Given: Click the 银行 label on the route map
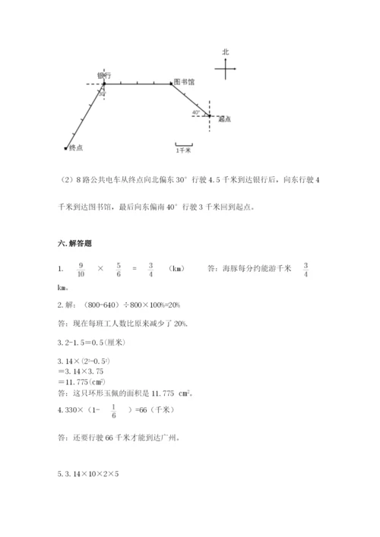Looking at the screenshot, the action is (105, 75).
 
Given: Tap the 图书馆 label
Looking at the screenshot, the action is (183, 81).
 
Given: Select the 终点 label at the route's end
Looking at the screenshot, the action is (75, 147).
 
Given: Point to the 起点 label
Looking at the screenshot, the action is (224, 119).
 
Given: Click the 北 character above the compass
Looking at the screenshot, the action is (226, 52).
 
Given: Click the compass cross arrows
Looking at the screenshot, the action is (226, 69).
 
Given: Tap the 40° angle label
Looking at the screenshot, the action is (196, 112).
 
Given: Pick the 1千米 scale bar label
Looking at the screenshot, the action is (183, 150).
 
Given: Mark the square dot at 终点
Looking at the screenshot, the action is (66, 147).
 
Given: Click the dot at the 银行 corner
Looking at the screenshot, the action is (103, 84).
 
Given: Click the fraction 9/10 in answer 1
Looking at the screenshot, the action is (80, 269).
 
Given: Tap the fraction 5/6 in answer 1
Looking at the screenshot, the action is (119, 269).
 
